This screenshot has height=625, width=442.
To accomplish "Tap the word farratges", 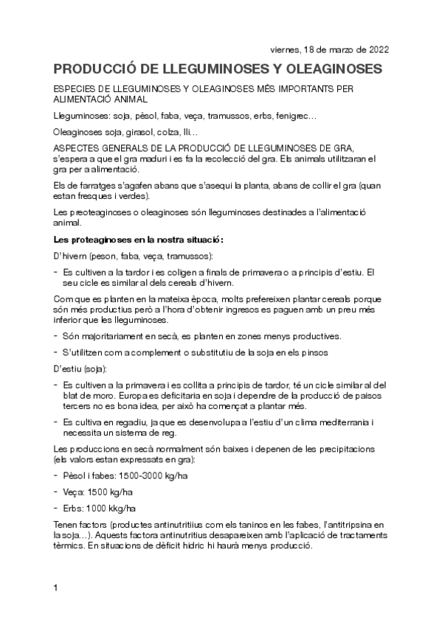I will coord(100,184).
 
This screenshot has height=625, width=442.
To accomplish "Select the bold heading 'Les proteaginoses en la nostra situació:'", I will coord(138,240).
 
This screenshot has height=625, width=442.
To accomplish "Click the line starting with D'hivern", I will coord(122,256).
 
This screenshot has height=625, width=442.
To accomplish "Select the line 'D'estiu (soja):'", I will coord(80,368).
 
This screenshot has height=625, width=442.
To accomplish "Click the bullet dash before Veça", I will coord(56,492).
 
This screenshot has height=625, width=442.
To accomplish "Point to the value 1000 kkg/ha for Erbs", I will coord(111,509).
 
